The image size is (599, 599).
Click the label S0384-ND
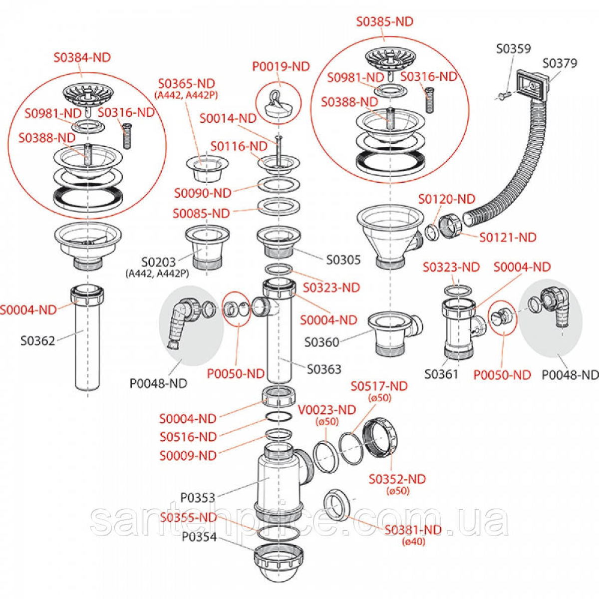pyautogui.click(x=82, y=57)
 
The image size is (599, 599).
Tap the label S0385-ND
pyautogui.click(x=384, y=21)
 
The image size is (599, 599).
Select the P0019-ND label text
pyautogui.click(x=281, y=66)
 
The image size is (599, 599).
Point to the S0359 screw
pyautogui.click(x=505, y=93)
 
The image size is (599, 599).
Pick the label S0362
pyautogui.click(x=37, y=341)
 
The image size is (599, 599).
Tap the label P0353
pyautogui.click(x=198, y=498)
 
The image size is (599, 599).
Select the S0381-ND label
pyautogui.click(x=413, y=530)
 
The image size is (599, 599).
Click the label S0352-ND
pyautogui.click(x=397, y=479)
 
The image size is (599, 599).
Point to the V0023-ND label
pyautogui.click(x=327, y=410)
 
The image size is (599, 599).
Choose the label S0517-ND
pyautogui.click(x=379, y=386)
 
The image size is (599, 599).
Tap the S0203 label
pyautogui.click(x=158, y=262)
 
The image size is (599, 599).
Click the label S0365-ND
pyautogui.click(x=186, y=83)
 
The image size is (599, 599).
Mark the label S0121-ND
pyautogui.click(x=508, y=237)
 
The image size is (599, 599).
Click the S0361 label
pyautogui.click(x=441, y=374)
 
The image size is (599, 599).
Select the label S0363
pyautogui.click(x=324, y=369)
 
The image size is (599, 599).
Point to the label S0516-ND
pyautogui.click(x=188, y=437)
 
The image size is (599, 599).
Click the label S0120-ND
pyautogui.click(x=446, y=199)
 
